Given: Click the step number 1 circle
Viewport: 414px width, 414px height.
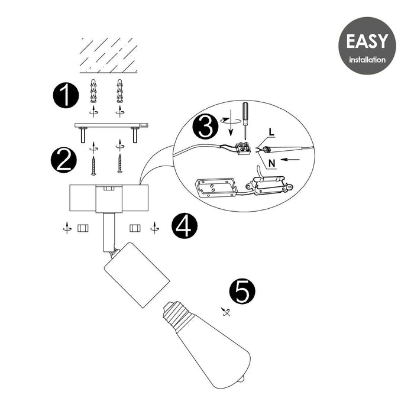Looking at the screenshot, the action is point(66,95).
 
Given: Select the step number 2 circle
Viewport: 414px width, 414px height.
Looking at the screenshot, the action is point(64,160).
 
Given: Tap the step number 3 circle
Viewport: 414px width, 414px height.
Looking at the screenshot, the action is point(205,127).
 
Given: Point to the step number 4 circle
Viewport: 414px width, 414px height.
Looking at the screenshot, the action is point(185,226).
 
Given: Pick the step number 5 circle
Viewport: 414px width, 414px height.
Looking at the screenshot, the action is point(242,292).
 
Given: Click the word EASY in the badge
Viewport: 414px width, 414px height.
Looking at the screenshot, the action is point(367,41).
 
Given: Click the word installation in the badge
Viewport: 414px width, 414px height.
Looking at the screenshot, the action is point(367,60).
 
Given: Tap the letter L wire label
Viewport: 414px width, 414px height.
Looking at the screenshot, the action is point(271,132).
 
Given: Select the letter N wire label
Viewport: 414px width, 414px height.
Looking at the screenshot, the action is point(272,164).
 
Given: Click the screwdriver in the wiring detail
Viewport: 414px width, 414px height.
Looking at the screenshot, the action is point(245,121).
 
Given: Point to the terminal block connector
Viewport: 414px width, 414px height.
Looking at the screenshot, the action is point(242,148).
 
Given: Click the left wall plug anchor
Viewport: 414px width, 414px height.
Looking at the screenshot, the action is point(93,91).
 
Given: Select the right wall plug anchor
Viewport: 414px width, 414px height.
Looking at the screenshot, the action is point(120,91).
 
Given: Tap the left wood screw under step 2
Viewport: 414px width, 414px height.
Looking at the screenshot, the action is point(93,165).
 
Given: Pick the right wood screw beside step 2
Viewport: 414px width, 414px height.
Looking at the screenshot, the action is point(120,164).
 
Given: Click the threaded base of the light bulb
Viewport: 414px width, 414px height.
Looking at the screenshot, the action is point(174,313).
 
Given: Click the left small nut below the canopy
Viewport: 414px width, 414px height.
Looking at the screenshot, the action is point(83,228).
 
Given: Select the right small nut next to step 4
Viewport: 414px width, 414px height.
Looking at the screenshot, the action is point(135,228).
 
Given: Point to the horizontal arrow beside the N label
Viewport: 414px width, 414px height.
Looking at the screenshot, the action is point(291,160).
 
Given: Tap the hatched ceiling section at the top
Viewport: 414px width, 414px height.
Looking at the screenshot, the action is point(108,56).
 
